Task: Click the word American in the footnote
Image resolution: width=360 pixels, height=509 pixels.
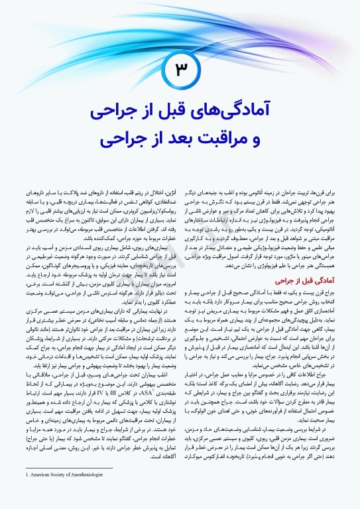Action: coord(44,493)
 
